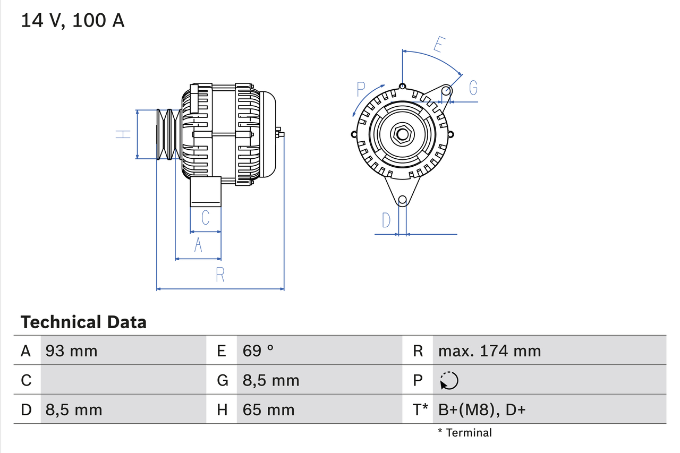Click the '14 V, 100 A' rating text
coord(73,21)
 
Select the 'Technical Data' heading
coord(83,322)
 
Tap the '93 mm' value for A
coord(71,351)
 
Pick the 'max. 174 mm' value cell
coord(489,351)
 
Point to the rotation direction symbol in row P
coord(449,380)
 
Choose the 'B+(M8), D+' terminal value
coord(481,409)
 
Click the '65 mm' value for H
coord(268,409)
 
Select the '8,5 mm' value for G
coord(271,380)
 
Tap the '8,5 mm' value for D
coord(74,409)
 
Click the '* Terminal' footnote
coord(465,432)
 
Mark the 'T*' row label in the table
coord(420,409)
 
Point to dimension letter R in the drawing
coord(220,275)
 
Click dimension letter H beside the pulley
coord(123,134)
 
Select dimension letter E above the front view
coord(438,45)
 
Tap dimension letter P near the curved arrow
coord(361,88)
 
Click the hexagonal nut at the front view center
coord(402,134)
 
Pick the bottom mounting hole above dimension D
coord(402,200)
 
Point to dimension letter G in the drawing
coord(472,87)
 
